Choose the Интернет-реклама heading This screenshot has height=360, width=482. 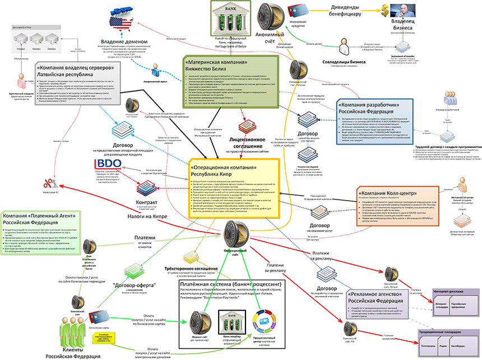451,293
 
